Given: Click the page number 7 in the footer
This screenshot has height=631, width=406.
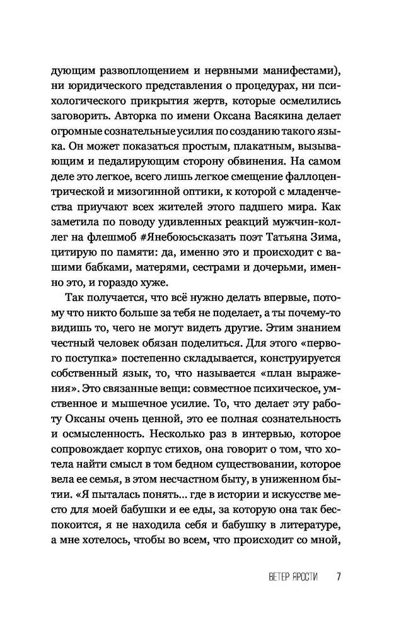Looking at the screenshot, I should pyautogui.click(x=339, y=577).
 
